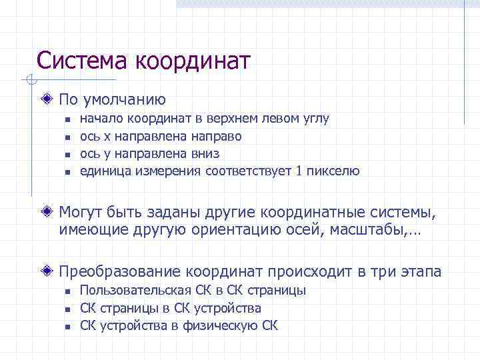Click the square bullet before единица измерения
tap(67, 172)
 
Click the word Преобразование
tap(120, 272)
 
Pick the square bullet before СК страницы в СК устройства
tap(67, 309)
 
